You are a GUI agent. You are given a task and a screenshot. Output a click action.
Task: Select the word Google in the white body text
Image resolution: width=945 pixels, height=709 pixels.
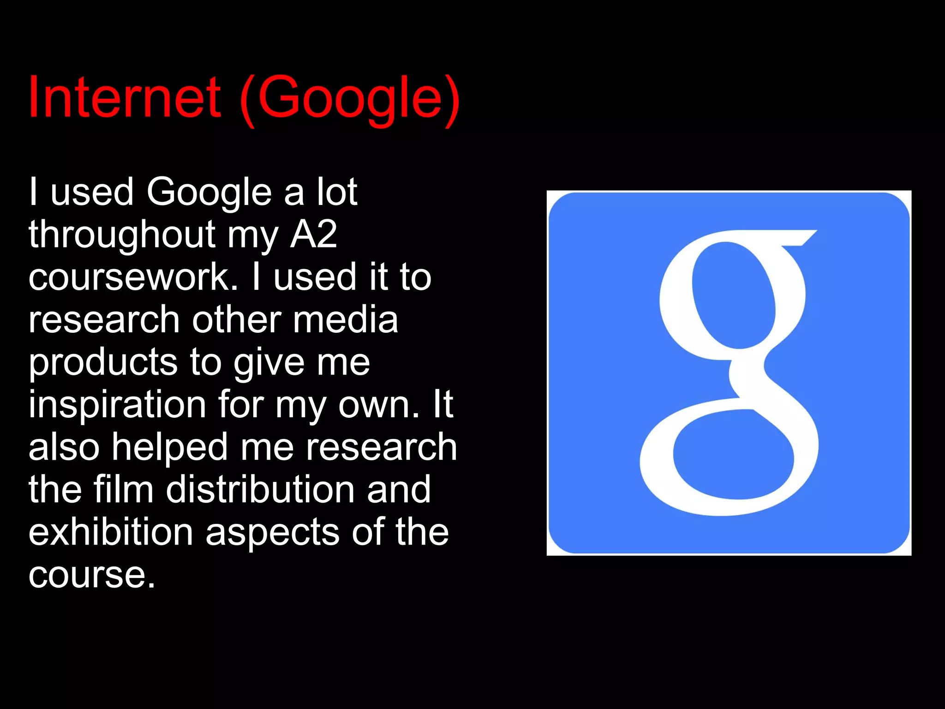[x=209, y=192]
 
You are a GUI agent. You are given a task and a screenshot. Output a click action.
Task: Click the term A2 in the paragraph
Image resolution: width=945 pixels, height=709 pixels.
[x=314, y=234]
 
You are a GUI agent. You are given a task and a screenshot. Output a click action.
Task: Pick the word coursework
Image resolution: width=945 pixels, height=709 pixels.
[x=133, y=277]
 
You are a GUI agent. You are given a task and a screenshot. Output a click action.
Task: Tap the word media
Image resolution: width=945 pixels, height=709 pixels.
[x=345, y=319]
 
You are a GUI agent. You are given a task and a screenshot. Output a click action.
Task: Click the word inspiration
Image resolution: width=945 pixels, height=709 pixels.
[x=117, y=405]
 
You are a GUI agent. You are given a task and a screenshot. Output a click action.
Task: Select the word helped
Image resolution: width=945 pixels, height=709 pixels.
[x=170, y=447]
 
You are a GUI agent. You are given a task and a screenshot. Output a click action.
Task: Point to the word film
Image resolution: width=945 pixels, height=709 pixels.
[x=123, y=489]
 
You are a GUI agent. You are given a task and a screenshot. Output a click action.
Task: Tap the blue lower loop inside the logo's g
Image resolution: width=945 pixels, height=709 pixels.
[x=733, y=454]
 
